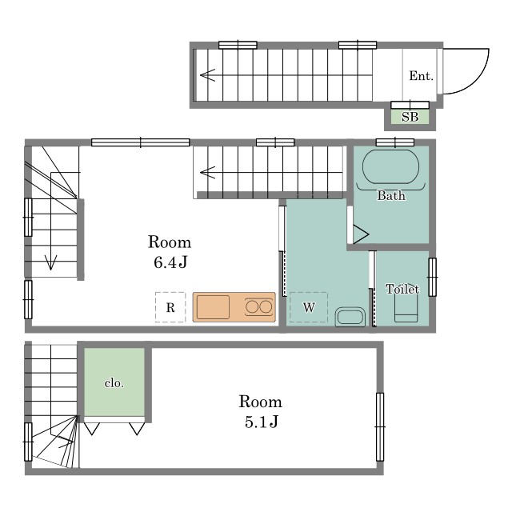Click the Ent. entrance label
pos(421,76)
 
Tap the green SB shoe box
pos(410,117)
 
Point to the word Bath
pos(391,195)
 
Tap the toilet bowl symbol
pos(406,307)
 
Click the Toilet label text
pos(402,289)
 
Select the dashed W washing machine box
pos(309,307)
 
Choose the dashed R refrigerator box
pos(170,307)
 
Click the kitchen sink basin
pos(213,307)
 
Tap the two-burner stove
pos(259,307)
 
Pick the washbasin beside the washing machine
pos(350,317)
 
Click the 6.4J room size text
pos(170,262)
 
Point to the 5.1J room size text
pos(262,422)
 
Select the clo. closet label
pos(114,383)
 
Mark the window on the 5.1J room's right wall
pos(380,426)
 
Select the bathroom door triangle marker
pos(361,234)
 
